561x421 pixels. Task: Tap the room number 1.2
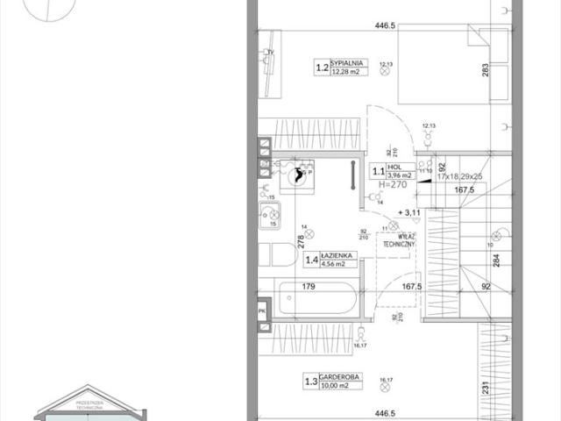(x=322, y=67)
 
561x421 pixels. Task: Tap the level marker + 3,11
(x=409, y=213)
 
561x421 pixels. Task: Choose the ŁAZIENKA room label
(x=338, y=255)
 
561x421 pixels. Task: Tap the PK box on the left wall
(x=261, y=310)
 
